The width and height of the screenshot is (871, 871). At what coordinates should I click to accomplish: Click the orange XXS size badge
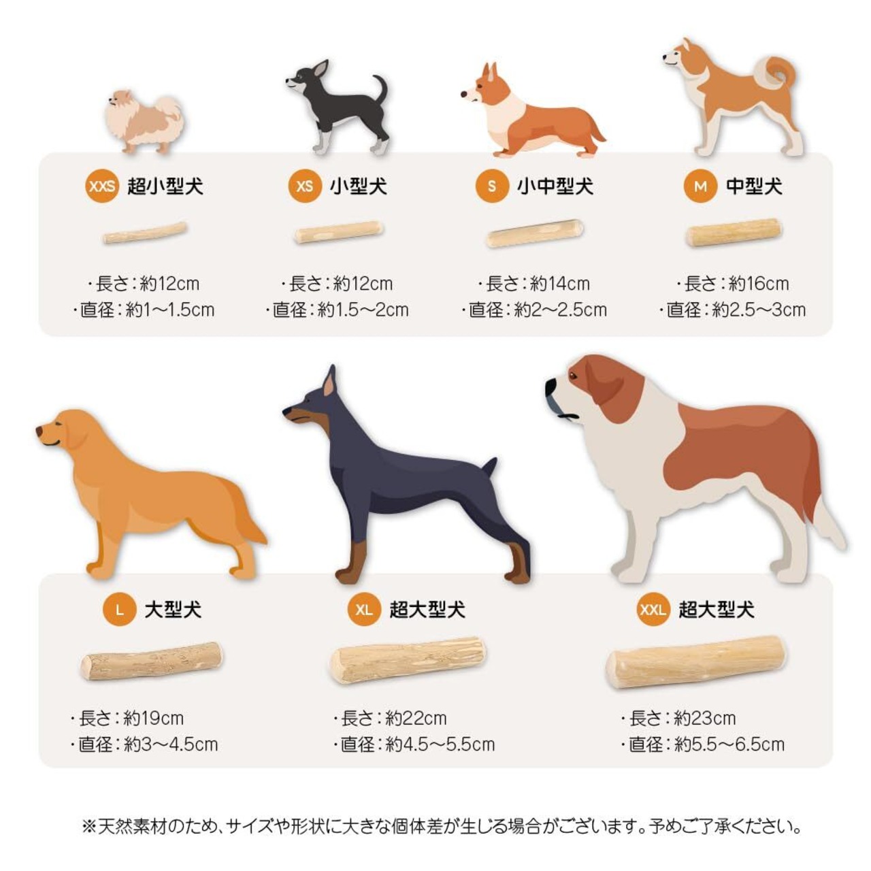click(x=101, y=186)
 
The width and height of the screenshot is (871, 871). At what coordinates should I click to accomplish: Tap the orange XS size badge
click(x=305, y=186)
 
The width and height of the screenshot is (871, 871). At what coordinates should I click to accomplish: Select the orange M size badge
click(x=700, y=186)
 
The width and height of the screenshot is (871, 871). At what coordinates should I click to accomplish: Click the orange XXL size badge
click(x=653, y=610)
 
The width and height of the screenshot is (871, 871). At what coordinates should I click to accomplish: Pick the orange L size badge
click(x=120, y=610)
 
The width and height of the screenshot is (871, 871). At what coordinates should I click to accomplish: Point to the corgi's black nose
click(x=464, y=94)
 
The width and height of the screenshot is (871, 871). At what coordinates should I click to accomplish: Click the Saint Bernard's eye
click(x=574, y=375)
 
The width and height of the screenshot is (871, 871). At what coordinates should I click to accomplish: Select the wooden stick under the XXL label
click(x=695, y=662)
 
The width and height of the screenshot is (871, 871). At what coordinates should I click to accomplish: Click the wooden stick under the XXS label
click(x=145, y=233)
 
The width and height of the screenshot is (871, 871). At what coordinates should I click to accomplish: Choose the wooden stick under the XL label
click(x=408, y=660)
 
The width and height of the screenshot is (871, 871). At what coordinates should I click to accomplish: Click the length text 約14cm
click(x=560, y=284)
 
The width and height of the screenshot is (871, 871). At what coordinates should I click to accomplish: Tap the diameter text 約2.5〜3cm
click(x=759, y=310)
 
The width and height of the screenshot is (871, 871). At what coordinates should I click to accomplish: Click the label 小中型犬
click(x=555, y=186)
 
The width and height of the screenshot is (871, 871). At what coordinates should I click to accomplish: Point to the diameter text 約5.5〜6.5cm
click(x=729, y=744)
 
